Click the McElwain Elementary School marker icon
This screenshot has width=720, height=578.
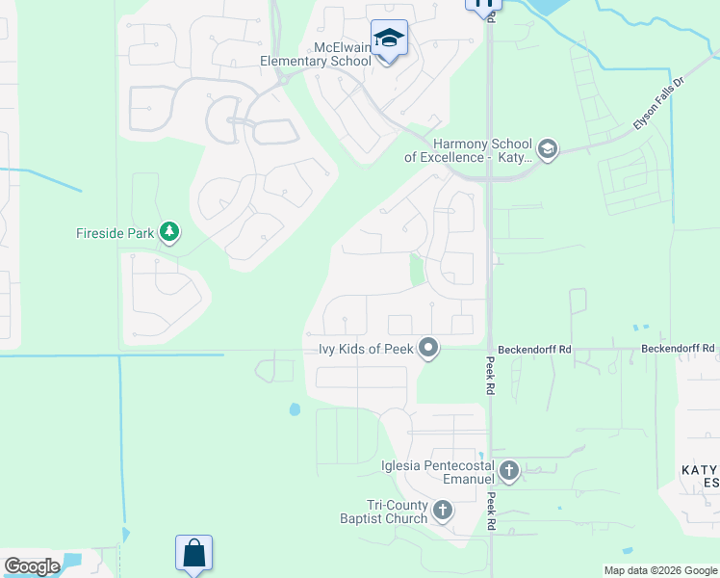point(389,39)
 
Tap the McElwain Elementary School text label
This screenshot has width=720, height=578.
point(315,54)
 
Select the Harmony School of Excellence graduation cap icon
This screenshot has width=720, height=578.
point(548,148)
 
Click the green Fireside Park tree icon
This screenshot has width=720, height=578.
point(169,231)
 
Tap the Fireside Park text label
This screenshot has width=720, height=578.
point(116,232)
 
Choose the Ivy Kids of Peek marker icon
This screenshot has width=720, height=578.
point(428,349)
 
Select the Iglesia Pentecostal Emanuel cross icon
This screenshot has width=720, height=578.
point(509,471)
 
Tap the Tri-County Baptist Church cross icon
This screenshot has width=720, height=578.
point(442,511)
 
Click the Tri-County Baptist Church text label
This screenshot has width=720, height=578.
point(397,512)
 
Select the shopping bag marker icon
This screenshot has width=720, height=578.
point(193,554)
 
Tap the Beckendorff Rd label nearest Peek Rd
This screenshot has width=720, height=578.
point(535,349)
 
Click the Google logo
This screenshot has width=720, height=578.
point(32,566)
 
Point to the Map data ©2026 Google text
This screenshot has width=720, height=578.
point(660,570)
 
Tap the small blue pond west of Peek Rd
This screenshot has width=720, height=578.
point(295,409)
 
